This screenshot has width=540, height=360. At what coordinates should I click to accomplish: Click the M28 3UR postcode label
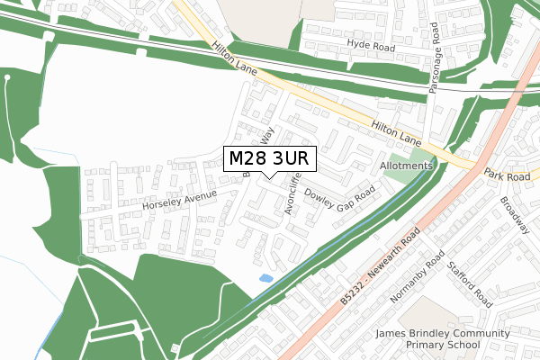pos(270,159)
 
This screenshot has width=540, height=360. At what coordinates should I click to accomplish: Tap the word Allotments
pos(407,166)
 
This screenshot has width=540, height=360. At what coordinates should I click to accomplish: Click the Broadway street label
pos(516,215)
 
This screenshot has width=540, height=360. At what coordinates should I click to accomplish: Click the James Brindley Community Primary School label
pos(443,339)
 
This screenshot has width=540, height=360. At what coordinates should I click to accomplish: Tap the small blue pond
pos(265,279)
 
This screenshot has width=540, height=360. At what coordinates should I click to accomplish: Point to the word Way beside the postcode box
pos(266,137)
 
